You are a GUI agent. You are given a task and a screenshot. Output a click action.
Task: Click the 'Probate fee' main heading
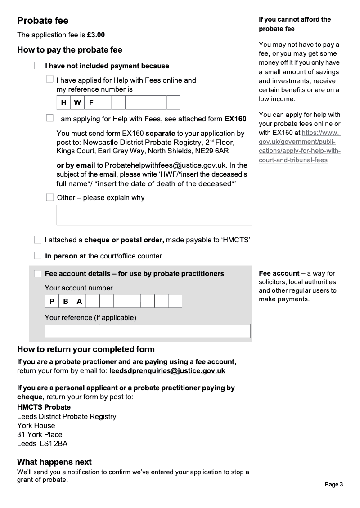pos(43,21)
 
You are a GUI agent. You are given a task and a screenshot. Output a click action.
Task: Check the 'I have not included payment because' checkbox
pos(38,66)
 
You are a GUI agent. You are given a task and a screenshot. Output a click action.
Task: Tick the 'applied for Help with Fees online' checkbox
pos(50,79)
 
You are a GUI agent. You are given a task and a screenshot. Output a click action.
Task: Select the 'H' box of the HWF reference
pos(63,102)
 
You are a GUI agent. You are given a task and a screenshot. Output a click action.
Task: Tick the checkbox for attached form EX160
pos(50,118)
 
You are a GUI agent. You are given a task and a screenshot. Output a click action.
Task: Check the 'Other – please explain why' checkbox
pos(50,197)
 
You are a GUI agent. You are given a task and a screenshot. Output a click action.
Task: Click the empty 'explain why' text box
pos(154,215)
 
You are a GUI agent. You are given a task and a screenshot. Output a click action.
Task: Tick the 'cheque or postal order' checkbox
pos(38,240)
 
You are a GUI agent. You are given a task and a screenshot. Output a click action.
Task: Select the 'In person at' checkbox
pos(38,255)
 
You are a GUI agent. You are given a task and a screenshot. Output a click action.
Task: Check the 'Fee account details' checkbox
pos(38,273)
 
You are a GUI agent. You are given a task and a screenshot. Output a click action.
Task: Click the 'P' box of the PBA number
pos(52,301)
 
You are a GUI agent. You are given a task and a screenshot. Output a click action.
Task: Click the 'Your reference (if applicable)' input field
pos(147,331)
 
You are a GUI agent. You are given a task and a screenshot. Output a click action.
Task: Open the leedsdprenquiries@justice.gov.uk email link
pos(167,371)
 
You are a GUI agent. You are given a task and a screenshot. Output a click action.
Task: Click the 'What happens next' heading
pos(54,462)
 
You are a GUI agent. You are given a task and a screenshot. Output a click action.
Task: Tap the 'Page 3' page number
pos(334,484)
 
